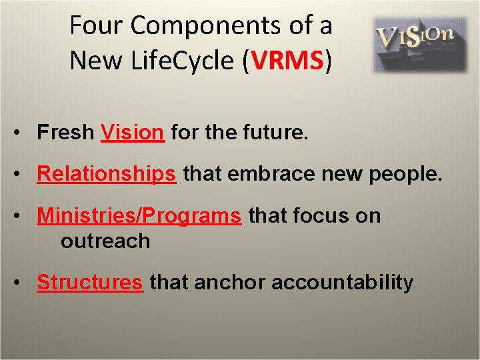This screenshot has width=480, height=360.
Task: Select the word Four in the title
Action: (x=97, y=26)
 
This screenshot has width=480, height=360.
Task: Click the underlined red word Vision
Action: (x=132, y=133)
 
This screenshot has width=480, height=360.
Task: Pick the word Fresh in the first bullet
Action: (x=65, y=133)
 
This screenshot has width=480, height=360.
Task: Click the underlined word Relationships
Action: (x=107, y=174)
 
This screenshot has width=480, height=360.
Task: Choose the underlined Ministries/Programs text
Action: (x=139, y=215)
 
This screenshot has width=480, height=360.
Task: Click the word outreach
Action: (x=105, y=240)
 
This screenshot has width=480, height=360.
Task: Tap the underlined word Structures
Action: (x=90, y=282)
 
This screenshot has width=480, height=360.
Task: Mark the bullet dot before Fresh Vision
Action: (x=23, y=133)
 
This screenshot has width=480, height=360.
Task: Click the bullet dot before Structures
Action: (x=23, y=283)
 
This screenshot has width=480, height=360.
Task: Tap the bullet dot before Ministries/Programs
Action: (x=23, y=216)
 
